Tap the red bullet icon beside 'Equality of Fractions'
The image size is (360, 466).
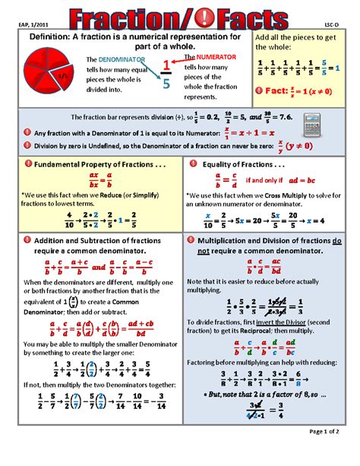pos(195,164)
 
